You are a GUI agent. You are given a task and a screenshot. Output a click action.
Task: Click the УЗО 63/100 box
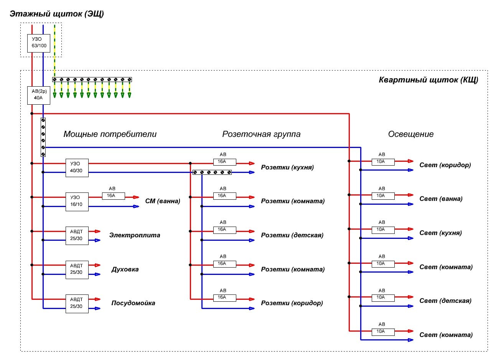coord(39,43)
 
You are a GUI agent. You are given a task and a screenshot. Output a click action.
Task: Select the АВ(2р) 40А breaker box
coord(39,95)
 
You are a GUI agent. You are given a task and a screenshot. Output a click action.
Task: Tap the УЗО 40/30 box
coord(77,168)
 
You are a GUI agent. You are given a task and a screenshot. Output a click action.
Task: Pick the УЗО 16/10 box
coord(77,201)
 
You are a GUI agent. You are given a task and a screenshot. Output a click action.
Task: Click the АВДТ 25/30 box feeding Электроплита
coord(77,235)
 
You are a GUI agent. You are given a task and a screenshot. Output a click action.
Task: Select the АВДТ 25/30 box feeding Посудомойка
coord(77,303)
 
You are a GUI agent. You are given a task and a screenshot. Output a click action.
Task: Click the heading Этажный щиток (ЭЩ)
coord(57,14)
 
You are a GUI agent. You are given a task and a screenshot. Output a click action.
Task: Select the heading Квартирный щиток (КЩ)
coord(428,80)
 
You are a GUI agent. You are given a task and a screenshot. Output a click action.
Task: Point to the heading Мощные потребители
coord(110,134)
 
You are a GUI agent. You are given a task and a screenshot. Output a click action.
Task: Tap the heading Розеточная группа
coord(261,134)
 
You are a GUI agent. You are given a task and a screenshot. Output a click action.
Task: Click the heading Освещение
coord(411,134)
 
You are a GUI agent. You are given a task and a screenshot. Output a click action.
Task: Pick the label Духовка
coord(125,270)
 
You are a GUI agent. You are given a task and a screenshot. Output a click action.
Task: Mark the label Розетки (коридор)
coord(292,303)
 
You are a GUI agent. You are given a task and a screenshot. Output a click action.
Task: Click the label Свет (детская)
coord(445,301)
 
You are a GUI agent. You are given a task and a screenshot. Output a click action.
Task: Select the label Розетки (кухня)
coord(287,168)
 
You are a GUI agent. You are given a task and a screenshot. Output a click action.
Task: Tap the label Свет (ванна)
coord(441,199)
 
